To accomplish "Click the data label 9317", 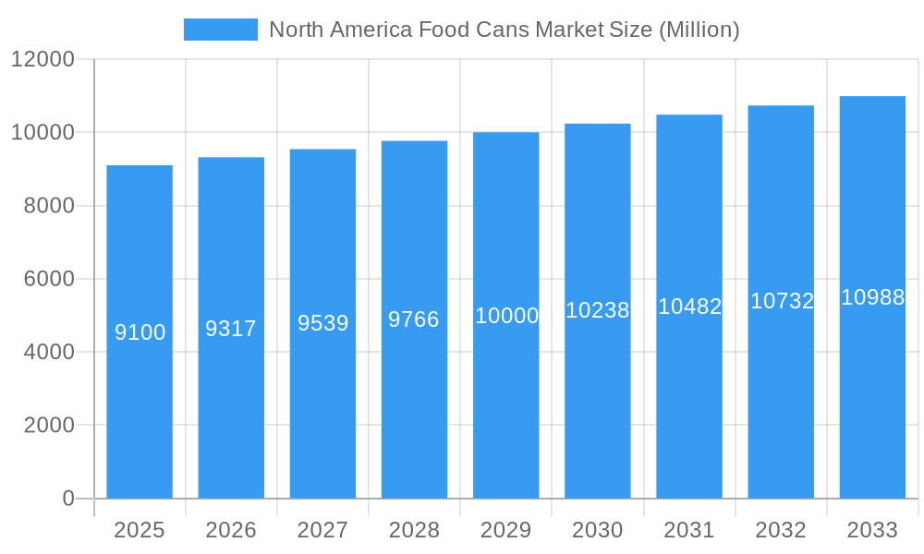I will point(231,329).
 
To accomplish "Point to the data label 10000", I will point(506,316).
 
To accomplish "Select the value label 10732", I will point(782,301).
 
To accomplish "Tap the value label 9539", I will point(322,323).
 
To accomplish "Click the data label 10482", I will point(689,307).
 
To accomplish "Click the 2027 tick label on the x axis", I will point(322,530).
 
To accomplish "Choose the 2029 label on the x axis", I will point(506,530).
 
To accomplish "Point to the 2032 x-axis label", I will point(781,530).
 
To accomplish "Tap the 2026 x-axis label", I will point(231,530).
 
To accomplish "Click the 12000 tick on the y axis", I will point(42,59).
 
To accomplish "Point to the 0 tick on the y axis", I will point(68,499).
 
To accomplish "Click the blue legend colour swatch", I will point(221,30).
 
